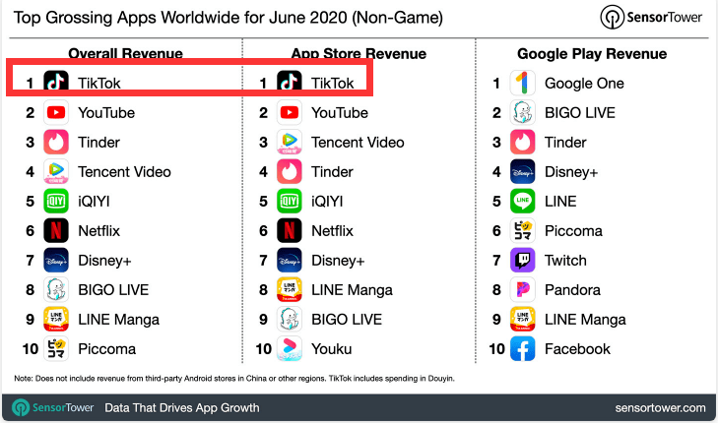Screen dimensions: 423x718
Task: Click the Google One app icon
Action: coord(522,84)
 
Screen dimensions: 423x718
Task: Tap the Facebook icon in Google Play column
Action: coord(522,349)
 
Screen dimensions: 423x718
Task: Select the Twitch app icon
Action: coord(522,261)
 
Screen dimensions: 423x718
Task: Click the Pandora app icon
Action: coord(522,290)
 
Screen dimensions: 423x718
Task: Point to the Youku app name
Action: coord(331,349)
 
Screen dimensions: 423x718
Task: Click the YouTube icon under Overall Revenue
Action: coord(56,113)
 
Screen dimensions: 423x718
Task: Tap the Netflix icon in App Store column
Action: coord(290,231)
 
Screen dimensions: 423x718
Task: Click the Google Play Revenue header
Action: coord(592,53)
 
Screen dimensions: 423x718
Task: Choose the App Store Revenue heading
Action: coord(359,53)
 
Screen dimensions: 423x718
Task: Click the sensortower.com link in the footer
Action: coord(659,407)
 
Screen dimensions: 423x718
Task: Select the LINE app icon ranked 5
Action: coord(522,202)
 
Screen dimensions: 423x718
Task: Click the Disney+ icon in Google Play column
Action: coord(522,172)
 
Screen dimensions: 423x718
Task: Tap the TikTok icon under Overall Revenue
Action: coord(56,84)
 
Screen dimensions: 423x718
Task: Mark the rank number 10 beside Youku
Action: coord(263,349)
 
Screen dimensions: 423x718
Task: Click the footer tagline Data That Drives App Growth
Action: coord(182,407)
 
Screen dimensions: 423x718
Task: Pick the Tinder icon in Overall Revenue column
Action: coord(56,143)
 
